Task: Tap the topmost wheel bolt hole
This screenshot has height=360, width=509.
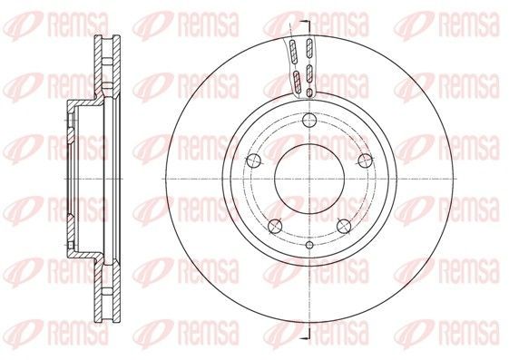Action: coord(309,121)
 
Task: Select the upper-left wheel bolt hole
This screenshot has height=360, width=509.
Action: coord(254,161)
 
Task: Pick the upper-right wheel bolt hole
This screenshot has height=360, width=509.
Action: coord(366,161)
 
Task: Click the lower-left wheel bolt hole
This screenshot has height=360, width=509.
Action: coord(275,226)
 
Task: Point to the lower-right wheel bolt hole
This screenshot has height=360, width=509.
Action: coord(344,226)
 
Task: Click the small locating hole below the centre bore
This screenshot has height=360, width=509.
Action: coord(309,245)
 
